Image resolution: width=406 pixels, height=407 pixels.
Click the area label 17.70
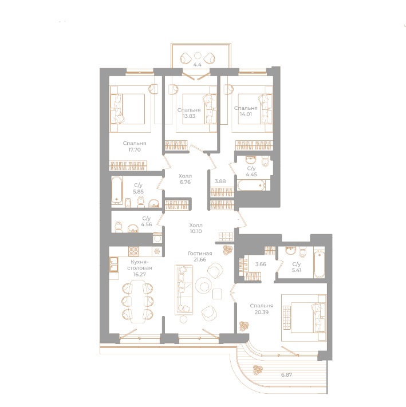click(x=135, y=150)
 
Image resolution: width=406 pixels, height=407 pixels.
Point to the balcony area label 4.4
click(x=198, y=65)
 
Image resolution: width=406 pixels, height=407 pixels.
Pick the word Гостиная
click(x=200, y=253)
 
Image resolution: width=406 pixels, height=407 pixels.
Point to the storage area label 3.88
click(x=219, y=181)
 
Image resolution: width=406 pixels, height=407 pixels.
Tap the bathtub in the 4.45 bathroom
click(x=250, y=185)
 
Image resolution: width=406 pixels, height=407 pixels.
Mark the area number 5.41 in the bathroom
click(x=297, y=268)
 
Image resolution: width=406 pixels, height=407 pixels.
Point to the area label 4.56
click(x=146, y=224)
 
